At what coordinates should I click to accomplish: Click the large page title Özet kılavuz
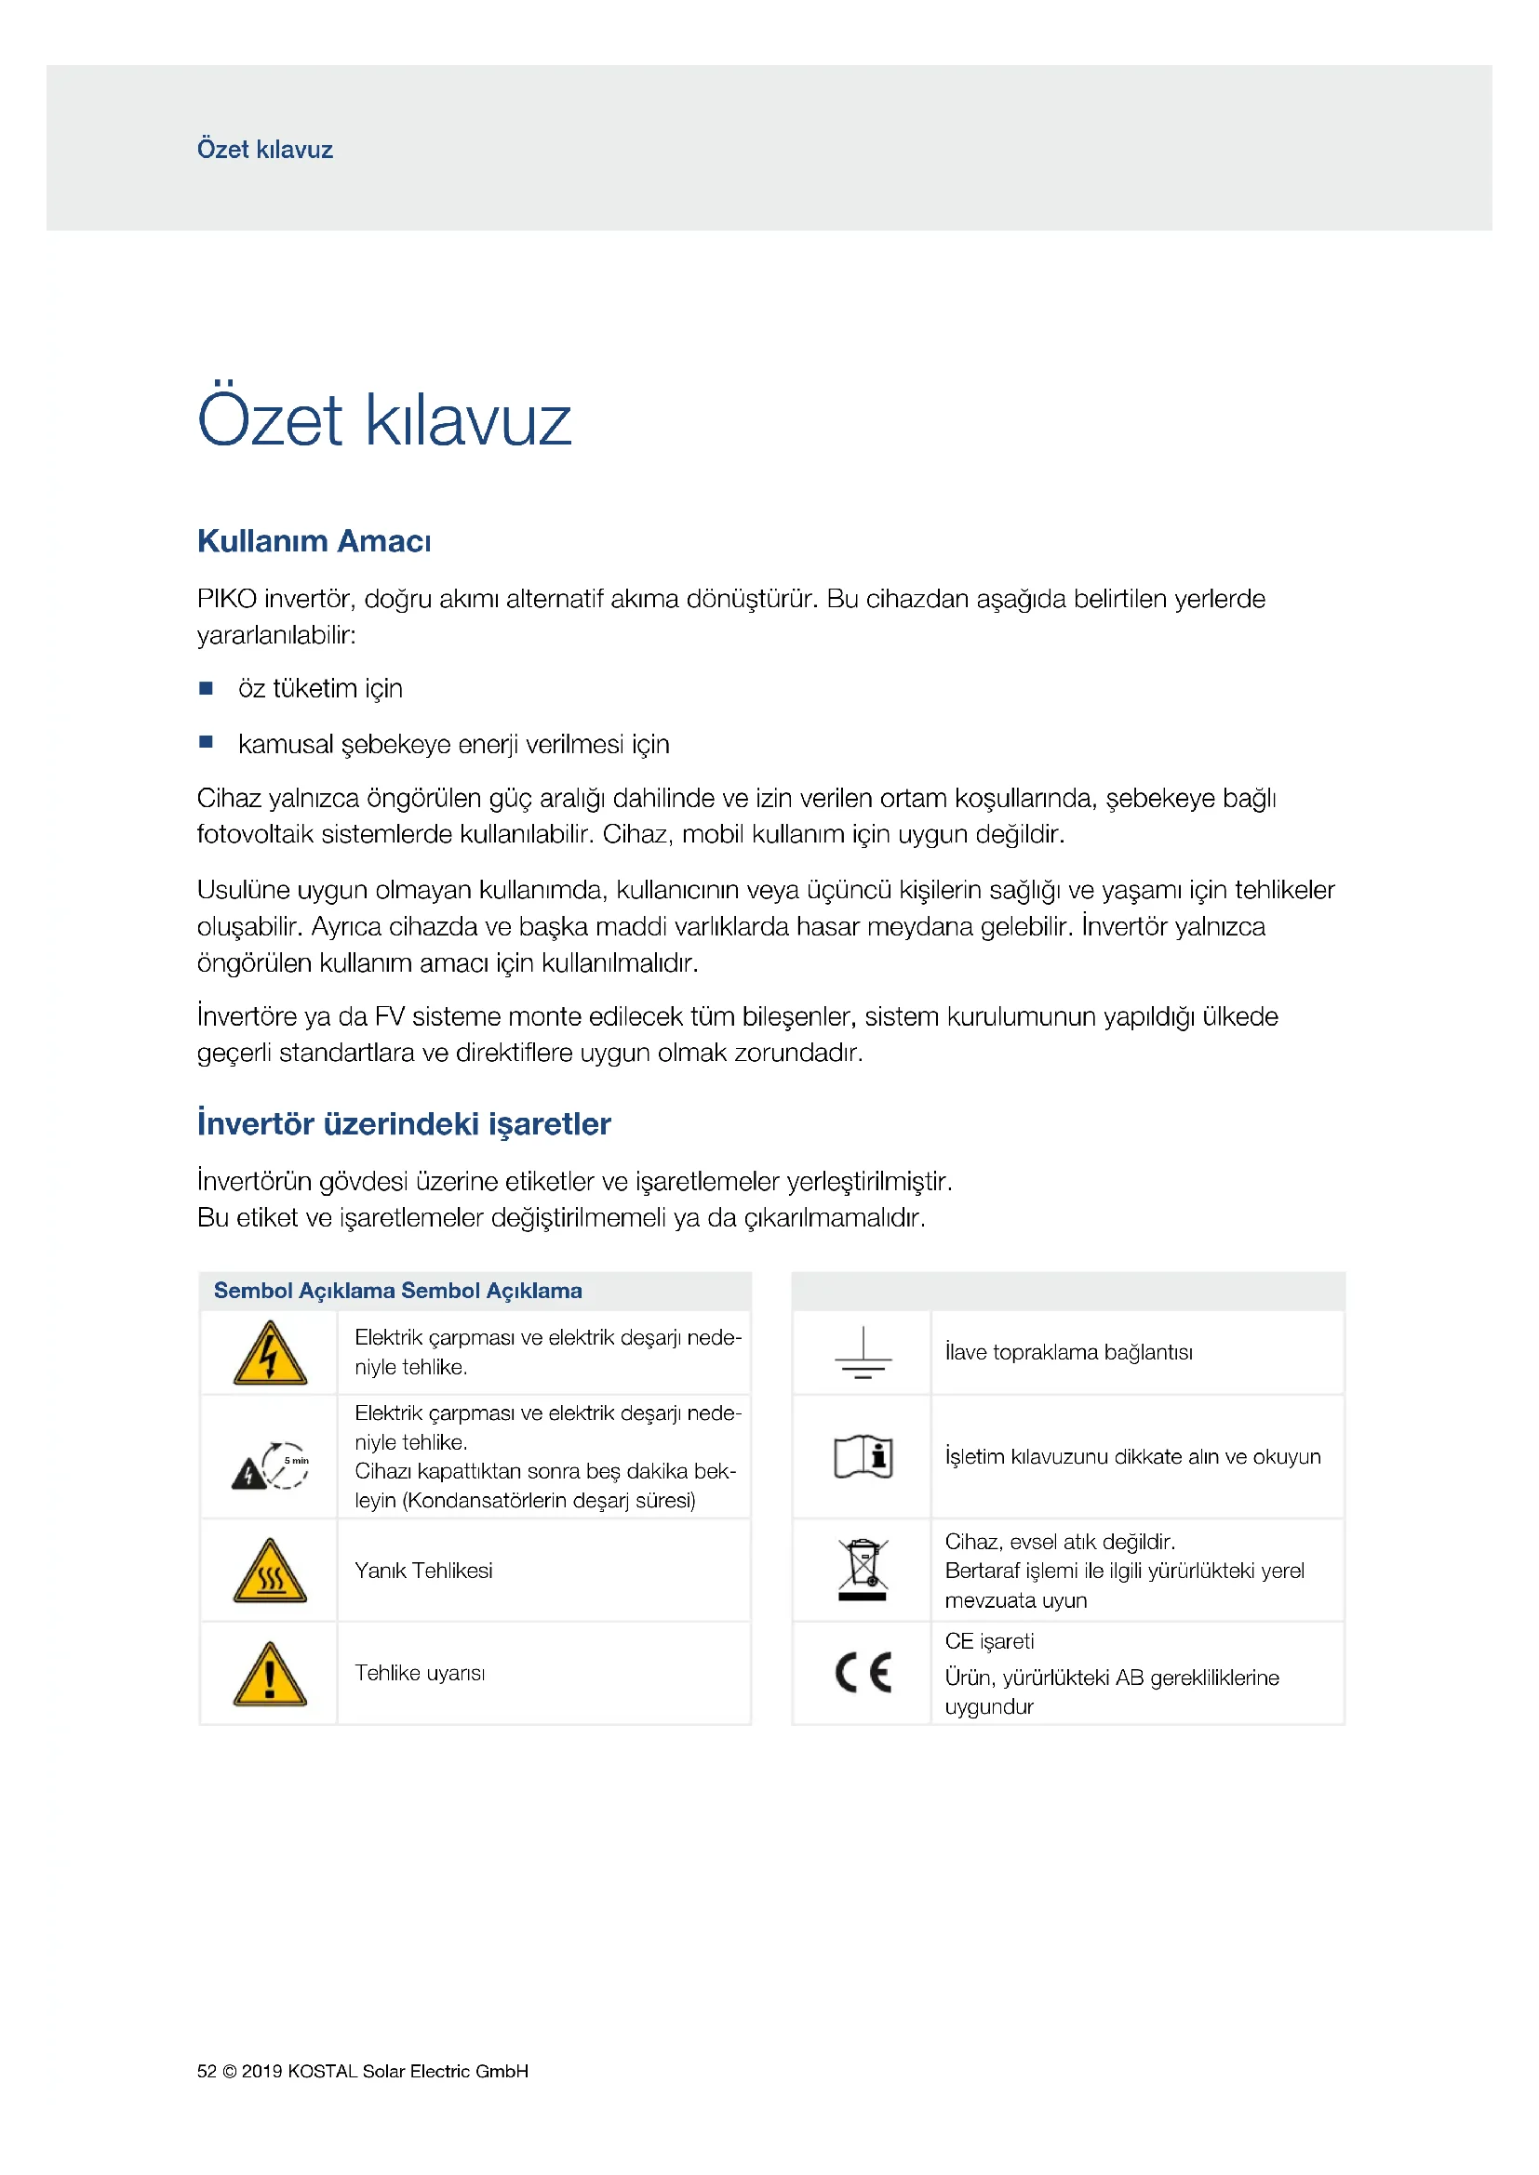(383, 419)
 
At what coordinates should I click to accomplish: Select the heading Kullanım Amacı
(314, 541)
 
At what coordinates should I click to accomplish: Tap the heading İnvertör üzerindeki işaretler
(404, 1123)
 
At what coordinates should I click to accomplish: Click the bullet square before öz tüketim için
(206, 688)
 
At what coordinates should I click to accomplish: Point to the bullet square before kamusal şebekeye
(206, 743)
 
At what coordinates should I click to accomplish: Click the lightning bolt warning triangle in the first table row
(270, 1353)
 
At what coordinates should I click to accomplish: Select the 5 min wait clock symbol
(285, 1465)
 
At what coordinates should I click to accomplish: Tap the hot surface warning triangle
(270, 1571)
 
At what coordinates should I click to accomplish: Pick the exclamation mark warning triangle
(270, 1674)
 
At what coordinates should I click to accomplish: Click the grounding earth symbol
(863, 1353)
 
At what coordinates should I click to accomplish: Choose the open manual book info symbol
(863, 1457)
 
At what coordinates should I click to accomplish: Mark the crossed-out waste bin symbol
(863, 1570)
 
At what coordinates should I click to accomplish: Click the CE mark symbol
(863, 1673)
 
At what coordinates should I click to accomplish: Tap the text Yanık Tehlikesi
(423, 1571)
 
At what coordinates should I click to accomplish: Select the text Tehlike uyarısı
(420, 1674)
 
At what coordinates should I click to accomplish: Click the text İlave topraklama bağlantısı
(1068, 1353)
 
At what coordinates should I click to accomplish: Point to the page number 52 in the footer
(207, 2071)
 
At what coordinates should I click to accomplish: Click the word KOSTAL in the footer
(322, 2071)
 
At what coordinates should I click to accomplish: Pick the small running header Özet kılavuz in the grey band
(264, 150)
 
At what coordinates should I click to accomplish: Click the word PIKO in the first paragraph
(226, 599)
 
